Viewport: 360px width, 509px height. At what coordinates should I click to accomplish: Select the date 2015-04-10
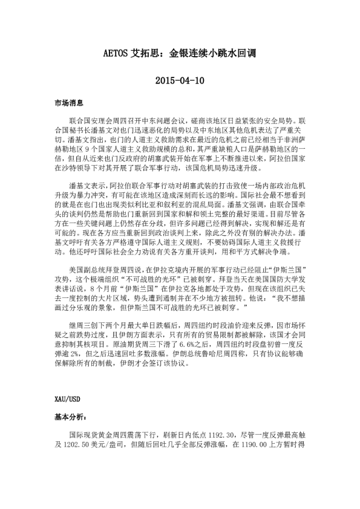pos(180,80)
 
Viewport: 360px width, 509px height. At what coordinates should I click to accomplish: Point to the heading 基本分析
pos(68,417)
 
